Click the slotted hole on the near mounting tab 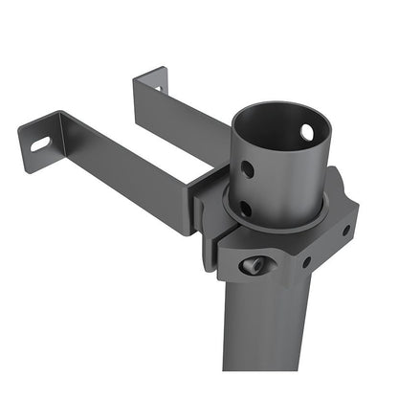coord(40,144)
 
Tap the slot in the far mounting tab coord(158,88)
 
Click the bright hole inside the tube coord(307,132)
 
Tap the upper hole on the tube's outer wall coord(248,169)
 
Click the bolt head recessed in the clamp coord(253,265)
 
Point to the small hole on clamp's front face coord(306,260)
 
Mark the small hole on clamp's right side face coord(345,230)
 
